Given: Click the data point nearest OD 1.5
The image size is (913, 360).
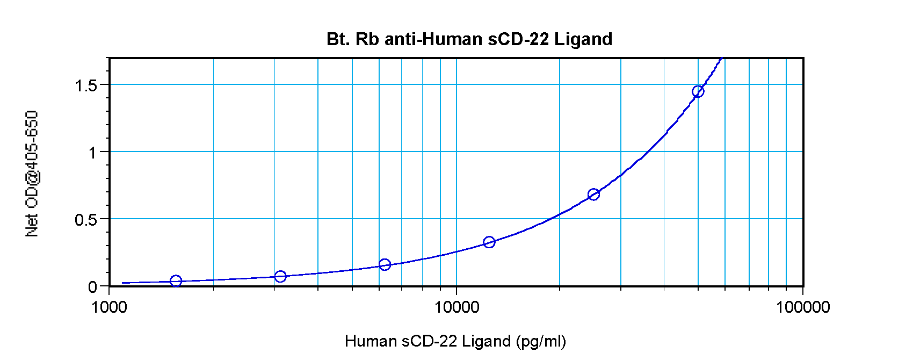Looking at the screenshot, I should click(698, 91).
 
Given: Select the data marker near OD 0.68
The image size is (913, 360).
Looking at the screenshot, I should click(593, 195).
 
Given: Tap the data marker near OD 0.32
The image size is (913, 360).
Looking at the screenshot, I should click(489, 242).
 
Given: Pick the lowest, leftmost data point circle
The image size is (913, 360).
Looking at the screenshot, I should click(176, 281).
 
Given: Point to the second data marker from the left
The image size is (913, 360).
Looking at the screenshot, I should click(280, 277).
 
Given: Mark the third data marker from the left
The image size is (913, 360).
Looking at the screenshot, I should click(385, 264).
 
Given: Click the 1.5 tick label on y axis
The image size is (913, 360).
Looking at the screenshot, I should click(86, 85).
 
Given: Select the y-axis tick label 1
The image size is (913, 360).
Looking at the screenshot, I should click(92, 153).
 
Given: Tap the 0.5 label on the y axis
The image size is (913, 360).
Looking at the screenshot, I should click(86, 220).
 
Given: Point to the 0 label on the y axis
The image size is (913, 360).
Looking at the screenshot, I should click(92, 287).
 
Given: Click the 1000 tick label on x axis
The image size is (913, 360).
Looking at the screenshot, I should click(109, 307).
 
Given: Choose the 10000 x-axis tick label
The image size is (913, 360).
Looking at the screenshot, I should click(457, 307).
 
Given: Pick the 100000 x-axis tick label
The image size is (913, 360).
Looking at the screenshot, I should click(803, 307).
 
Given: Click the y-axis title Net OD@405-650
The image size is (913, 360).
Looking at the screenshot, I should click(32, 174).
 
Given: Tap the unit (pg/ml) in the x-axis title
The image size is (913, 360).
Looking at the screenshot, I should click(541, 341).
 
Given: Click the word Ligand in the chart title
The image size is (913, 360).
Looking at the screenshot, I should click(583, 39).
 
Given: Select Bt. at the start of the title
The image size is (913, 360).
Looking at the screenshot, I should click(338, 39).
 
